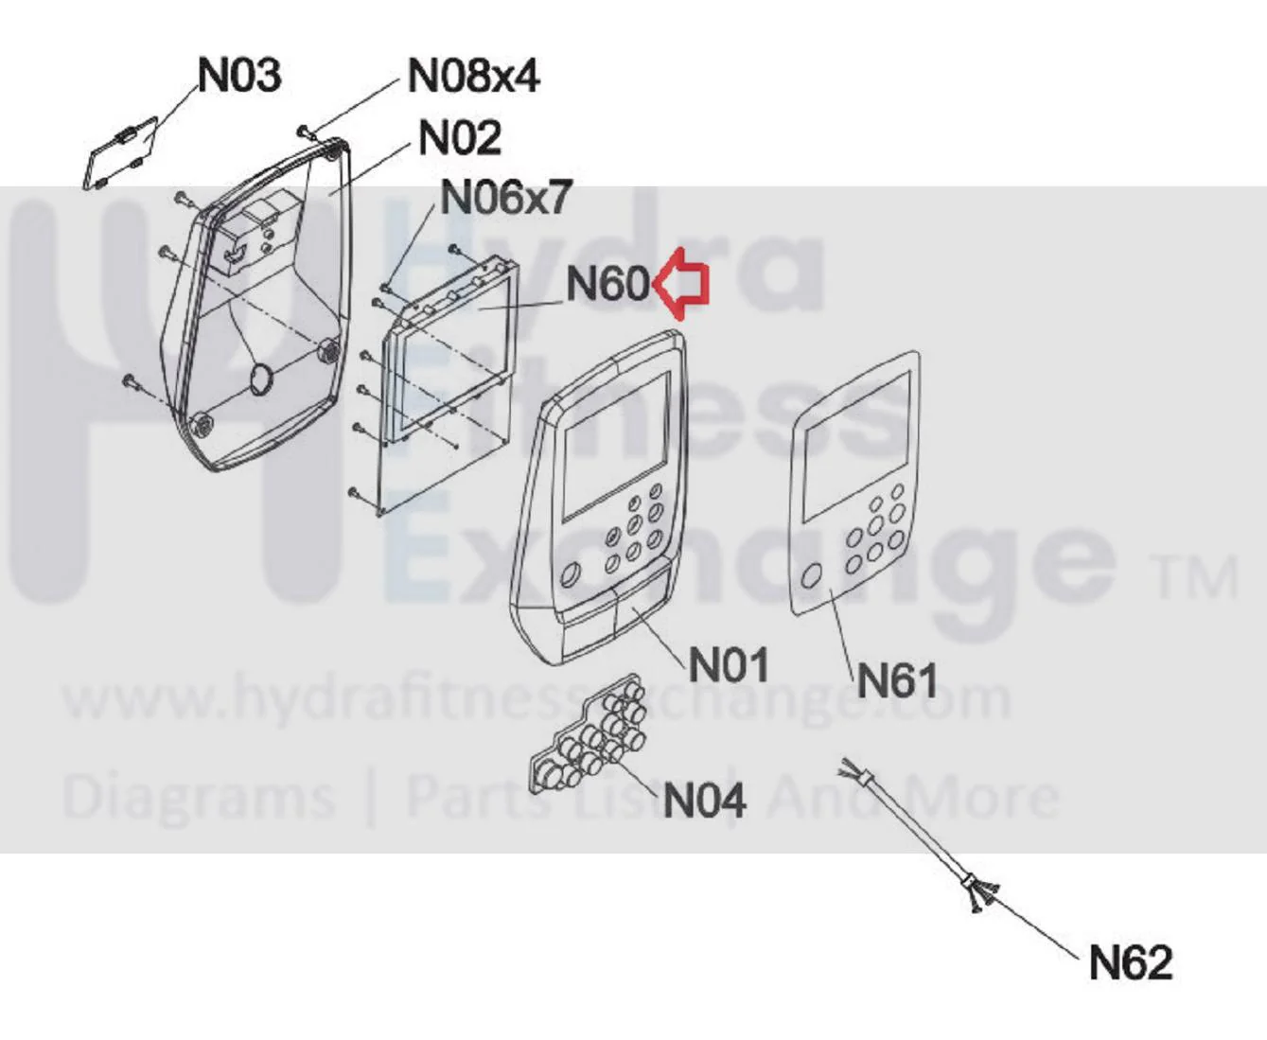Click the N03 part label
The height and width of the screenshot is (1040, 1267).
[x=239, y=76]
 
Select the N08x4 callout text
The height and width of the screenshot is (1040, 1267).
[x=473, y=77]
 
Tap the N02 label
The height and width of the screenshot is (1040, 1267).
[x=460, y=138]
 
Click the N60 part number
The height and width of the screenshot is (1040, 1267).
[x=608, y=283]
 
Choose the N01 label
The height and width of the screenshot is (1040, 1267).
[x=728, y=664]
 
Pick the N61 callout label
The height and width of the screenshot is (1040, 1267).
[x=896, y=680]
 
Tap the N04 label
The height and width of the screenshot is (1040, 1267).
[x=705, y=800]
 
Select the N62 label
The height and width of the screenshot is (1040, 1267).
[x=1130, y=963]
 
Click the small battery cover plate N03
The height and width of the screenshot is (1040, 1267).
[x=120, y=154]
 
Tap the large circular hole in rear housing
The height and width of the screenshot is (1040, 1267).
[x=262, y=379]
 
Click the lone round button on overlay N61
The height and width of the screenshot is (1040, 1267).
[x=811, y=574]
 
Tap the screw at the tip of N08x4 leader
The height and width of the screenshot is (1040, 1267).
[x=304, y=131]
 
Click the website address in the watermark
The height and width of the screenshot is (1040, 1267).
[x=537, y=698]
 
